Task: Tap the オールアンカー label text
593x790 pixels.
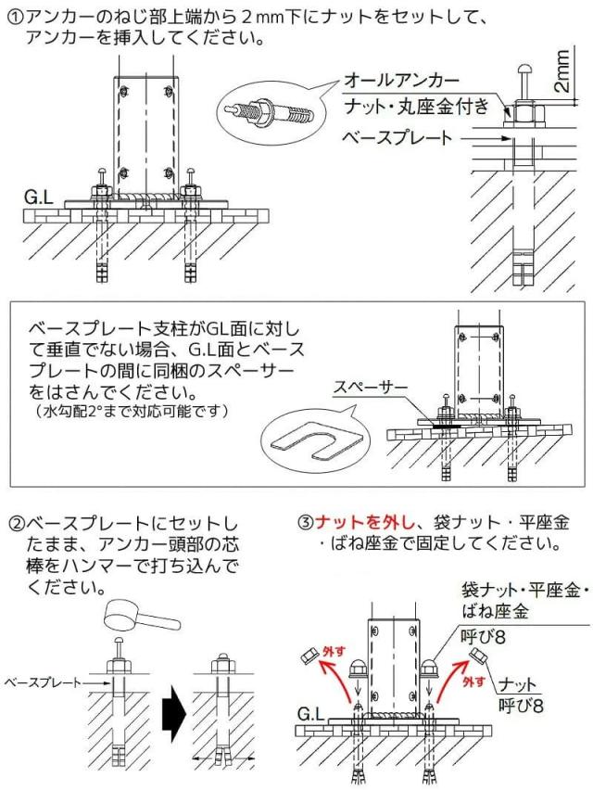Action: [399, 81]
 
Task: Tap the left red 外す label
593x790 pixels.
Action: [332, 655]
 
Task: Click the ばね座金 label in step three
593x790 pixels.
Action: [494, 611]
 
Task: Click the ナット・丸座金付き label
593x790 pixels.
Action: [416, 108]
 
